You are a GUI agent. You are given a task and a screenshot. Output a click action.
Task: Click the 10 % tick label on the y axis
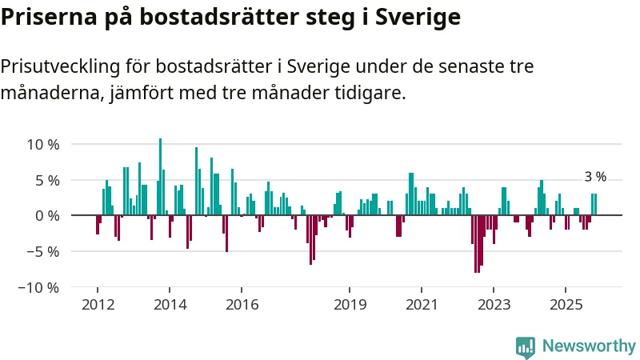pos(43,145)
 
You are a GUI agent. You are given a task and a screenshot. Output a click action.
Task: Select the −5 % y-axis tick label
pos(43,251)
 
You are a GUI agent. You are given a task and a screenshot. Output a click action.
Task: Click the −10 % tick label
pos(39,287)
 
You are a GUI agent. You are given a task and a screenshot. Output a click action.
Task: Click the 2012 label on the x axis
pos(98,305)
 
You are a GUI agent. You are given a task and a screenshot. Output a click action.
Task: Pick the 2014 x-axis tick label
pos(170,305)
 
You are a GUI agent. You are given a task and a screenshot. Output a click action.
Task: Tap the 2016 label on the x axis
pos(242,305)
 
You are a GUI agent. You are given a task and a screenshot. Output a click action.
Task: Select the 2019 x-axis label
pos(350,305)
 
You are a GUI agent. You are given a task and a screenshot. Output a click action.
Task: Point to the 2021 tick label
pos(422,305)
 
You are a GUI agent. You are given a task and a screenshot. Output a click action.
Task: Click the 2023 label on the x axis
pos(494,305)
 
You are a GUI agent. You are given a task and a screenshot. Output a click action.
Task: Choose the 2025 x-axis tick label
pos(566,305)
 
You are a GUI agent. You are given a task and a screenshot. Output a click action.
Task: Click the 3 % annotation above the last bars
pos(595,178)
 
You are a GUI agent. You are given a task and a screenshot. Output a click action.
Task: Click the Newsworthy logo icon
pos(526,346)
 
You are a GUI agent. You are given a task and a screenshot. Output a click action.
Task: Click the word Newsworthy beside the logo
pos(589,346)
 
